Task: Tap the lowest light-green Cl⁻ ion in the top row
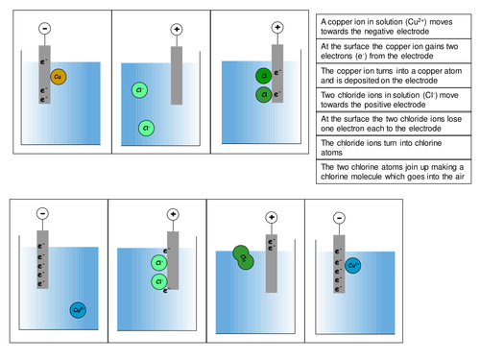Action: tap(146, 127)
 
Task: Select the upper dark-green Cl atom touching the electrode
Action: tap(262, 76)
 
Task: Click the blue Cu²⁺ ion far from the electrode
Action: tap(78, 309)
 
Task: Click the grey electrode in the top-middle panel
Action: tap(176, 74)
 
